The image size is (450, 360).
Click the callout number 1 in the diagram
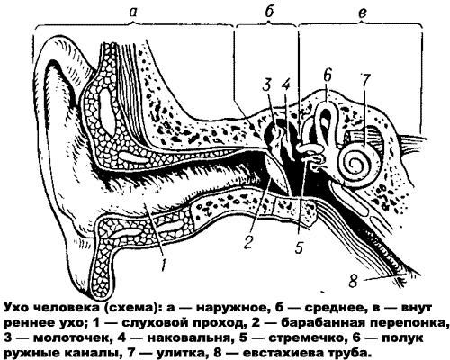coord(164,264)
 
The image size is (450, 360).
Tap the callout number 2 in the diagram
coord(248,241)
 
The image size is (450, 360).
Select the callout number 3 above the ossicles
coord(266,85)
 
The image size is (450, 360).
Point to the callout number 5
coord(299,247)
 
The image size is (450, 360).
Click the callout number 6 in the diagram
coord(327,75)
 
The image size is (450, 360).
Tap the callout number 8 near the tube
coord(353,281)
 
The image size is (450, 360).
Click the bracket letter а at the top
coord(133,12)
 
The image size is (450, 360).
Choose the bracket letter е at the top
coord(363,13)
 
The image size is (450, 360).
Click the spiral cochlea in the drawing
coord(358,162)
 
